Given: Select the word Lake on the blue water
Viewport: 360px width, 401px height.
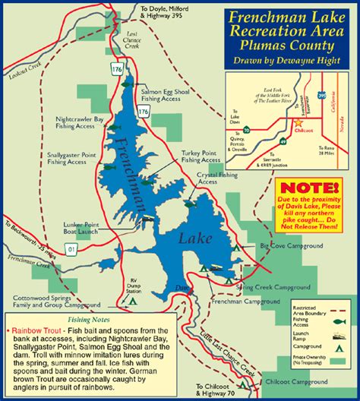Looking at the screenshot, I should click(x=190, y=238).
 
